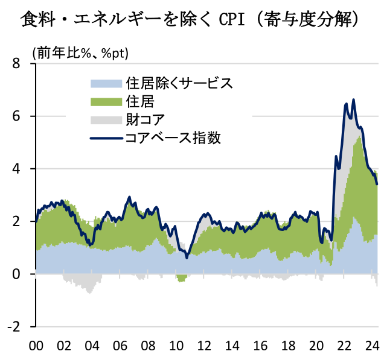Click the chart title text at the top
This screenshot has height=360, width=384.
pos(191,20)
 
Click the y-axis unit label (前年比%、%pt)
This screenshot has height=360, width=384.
pos(81,53)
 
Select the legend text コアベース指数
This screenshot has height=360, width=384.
pos(173,137)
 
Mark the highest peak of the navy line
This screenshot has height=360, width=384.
pos(353,99)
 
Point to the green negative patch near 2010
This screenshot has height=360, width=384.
pos(181,278)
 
